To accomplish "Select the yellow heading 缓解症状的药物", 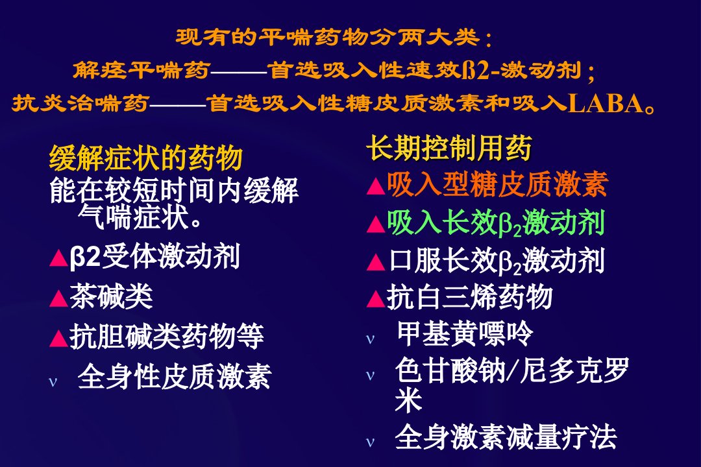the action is [x=146, y=158].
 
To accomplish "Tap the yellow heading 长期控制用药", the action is [x=449, y=148].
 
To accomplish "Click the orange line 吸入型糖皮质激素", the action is [x=497, y=184].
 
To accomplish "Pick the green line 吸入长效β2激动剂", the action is [x=496, y=222].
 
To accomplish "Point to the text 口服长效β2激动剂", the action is [x=497, y=261].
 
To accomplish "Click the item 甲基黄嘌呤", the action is [x=465, y=333].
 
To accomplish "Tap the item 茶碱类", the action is [x=111, y=296].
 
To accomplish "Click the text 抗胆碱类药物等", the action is [x=166, y=336].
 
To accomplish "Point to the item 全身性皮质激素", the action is [x=175, y=376].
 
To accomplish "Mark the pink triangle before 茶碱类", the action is [x=58, y=298].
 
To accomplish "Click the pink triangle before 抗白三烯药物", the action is [x=376, y=299].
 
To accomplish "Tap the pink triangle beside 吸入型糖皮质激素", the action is [x=376, y=186].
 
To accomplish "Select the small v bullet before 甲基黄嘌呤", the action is [x=370, y=340].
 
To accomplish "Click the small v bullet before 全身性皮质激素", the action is [x=53, y=382].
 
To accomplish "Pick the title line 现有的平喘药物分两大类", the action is [x=333, y=38].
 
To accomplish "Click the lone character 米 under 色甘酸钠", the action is [x=409, y=400].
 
